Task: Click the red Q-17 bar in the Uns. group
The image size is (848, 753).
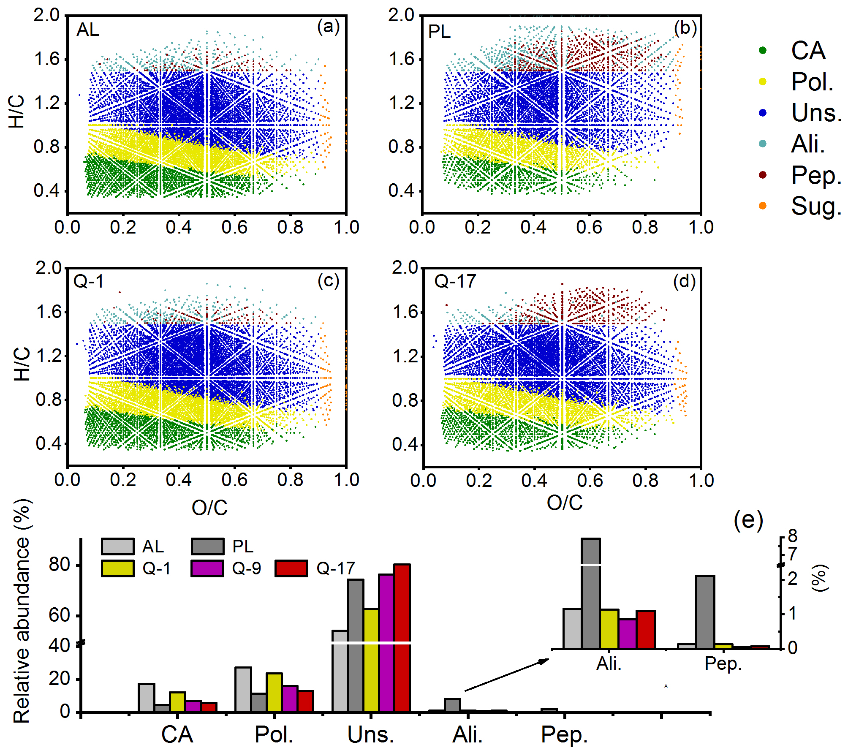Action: tap(402, 638)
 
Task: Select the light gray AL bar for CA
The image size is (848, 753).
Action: tap(146, 697)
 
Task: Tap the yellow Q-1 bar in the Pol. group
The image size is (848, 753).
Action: tap(274, 692)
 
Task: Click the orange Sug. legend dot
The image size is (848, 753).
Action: tap(762, 206)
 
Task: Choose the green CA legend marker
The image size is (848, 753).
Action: tap(762, 50)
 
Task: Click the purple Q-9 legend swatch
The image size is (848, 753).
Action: tap(207, 568)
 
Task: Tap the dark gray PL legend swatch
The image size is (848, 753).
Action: tap(207, 546)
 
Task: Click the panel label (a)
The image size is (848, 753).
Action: tap(328, 27)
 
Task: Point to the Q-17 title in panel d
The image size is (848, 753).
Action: tap(455, 281)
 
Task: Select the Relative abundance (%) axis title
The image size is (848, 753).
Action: tap(22, 611)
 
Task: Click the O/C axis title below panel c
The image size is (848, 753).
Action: tap(209, 507)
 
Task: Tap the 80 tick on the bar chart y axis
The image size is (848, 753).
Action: tap(59, 565)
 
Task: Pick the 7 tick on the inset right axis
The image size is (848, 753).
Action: tap(792, 554)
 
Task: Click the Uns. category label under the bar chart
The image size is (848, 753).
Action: tap(370, 735)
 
